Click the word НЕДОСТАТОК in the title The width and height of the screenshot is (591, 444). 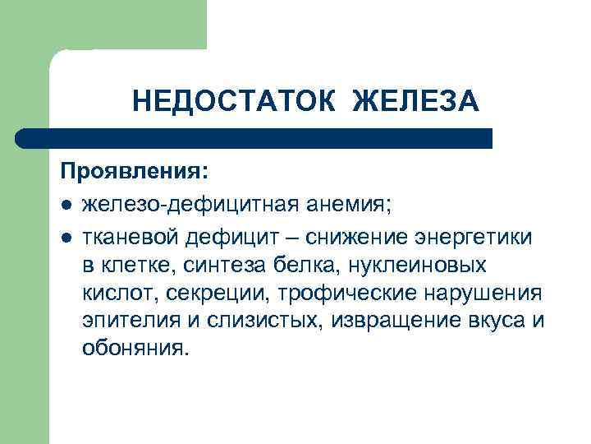(235, 101)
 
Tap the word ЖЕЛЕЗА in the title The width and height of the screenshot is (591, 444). (415, 101)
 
